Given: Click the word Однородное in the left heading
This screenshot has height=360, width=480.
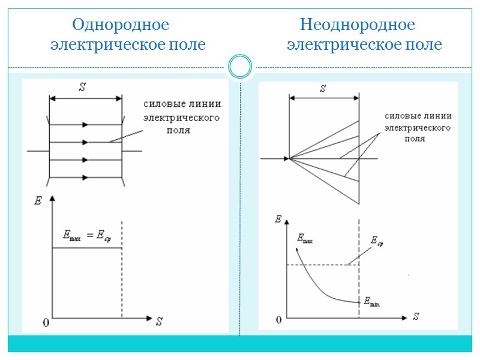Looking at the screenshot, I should click(x=120, y=25).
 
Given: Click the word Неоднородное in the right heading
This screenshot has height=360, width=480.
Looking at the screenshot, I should click(x=358, y=25).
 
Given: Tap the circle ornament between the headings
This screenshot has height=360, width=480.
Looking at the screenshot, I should click(x=240, y=66).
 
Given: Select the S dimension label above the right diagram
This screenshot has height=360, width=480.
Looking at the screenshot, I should click(x=323, y=89).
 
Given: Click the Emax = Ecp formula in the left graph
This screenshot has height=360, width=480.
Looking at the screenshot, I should click(x=88, y=236).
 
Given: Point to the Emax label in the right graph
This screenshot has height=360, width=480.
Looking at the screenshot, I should click(x=305, y=239).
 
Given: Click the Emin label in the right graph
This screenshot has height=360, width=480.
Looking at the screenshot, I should click(x=372, y=302).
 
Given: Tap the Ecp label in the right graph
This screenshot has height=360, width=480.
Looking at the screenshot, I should click(x=376, y=241).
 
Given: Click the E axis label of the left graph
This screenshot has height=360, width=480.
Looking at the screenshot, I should click(x=38, y=201).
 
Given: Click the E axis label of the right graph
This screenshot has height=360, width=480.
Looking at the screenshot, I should click(x=278, y=219).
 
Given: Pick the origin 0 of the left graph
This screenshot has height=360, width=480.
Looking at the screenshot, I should click(x=46, y=323).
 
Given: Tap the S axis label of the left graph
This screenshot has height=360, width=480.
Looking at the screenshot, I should click(x=159, y=321).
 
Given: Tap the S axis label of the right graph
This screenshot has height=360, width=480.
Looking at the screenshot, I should click(x=416, y=316).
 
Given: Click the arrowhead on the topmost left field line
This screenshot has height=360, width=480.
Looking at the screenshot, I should click(x=85, y=124).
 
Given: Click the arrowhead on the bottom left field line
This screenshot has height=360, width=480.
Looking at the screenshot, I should click(x=85, y=177).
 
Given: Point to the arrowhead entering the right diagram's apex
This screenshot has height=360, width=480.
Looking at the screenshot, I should click(x=285, y=158).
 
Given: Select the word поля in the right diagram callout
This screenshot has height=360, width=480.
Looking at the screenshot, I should click(x=414, y=139).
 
